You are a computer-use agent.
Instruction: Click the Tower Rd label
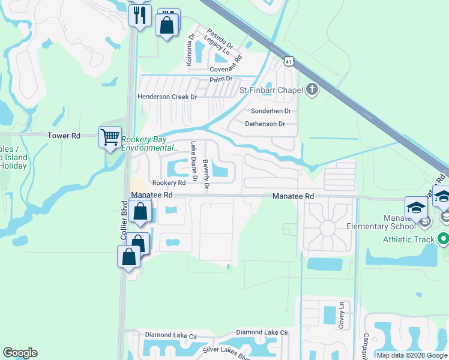(x=64, y=136)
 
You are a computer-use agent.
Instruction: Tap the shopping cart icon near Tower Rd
(x=110, y=137)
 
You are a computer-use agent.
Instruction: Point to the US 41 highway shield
(x=290, y=61)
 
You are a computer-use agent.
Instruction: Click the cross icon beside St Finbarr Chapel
(x=311, y=90)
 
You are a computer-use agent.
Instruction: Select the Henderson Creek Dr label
(x=167, y=97)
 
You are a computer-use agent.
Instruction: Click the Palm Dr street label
(x=220, y=80)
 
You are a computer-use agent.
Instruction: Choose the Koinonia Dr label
(x=190, y=49)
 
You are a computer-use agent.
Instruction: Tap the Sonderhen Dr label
(x=271, y=111)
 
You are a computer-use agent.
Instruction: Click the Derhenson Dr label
(x=265, y=124)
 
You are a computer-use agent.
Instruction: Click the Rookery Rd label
(x=169, y=182)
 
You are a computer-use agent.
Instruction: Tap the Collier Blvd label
(x=125, y=222)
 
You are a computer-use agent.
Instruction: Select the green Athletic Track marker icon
(x=444, y=239)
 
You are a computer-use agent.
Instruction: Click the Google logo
(x=20, y=353)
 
